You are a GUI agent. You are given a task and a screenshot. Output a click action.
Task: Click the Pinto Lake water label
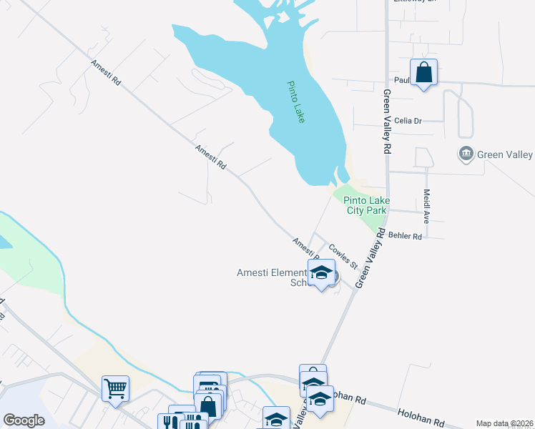pos(296,102)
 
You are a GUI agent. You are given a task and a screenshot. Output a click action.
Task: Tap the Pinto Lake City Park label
pos(365,206)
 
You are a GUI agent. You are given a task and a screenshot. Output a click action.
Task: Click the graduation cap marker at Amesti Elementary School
pos(322,272)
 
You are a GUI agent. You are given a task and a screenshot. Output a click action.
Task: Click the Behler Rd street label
pos(406,235)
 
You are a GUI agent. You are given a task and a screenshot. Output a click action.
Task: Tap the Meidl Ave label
pos(426,207)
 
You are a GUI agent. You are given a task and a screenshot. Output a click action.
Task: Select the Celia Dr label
pos(408,121)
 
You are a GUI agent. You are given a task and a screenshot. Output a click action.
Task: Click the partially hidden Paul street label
pos(401,80)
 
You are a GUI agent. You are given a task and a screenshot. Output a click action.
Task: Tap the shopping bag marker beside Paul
pos(424,72)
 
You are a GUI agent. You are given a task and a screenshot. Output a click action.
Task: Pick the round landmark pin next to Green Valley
pos(466,154)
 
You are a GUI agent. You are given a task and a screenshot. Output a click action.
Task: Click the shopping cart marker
pos(115,389)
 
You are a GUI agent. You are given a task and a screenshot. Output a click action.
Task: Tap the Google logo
pos(24,420)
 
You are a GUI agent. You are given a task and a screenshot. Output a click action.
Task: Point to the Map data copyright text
pos(503,423)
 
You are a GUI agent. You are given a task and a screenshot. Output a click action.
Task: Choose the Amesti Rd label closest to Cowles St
pos(305,247)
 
